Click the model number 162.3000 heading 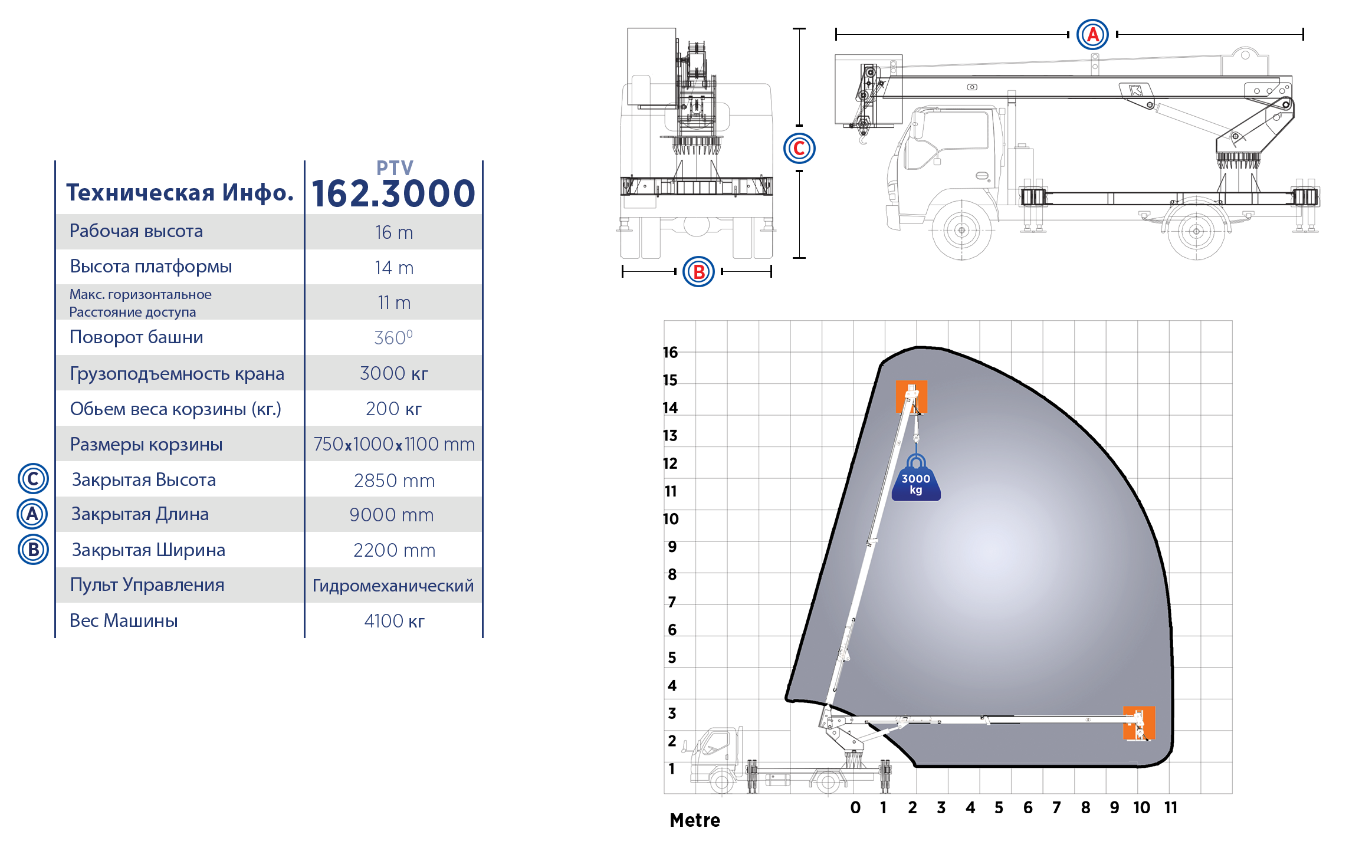pos(393,193)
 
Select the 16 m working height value pos(394,232)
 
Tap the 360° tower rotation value pos(393,337)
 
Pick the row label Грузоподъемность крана pos(177,374)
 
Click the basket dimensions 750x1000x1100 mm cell pos(394,444)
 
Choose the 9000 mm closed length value pos(392,515)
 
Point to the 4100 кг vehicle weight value pos(394,621)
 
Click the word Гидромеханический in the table pos(393,586)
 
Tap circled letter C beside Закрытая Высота pos(33,479)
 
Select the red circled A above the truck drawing pos(1092,34)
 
